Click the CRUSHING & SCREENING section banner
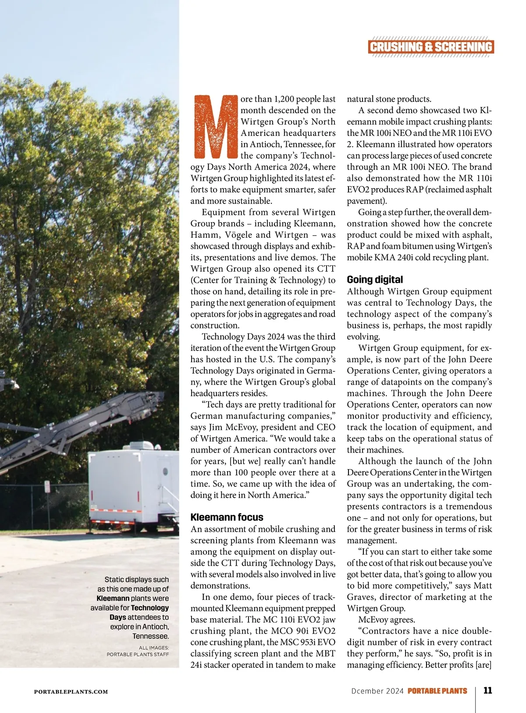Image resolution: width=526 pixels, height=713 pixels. click(x=431, y=47)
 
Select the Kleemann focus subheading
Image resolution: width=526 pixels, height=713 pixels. click(x=227, y=517)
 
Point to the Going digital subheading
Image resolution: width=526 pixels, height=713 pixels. click(x=375, y=279)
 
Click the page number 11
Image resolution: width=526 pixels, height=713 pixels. click(x=487, y=690)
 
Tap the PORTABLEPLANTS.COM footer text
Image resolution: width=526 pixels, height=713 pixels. click(x=71, y=692)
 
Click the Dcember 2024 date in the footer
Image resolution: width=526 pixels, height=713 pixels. click(x=377, y=691)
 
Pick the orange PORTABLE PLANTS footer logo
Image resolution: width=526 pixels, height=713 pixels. click(x=437, y=691)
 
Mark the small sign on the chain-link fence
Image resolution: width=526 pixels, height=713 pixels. click(x=47, y=487)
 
